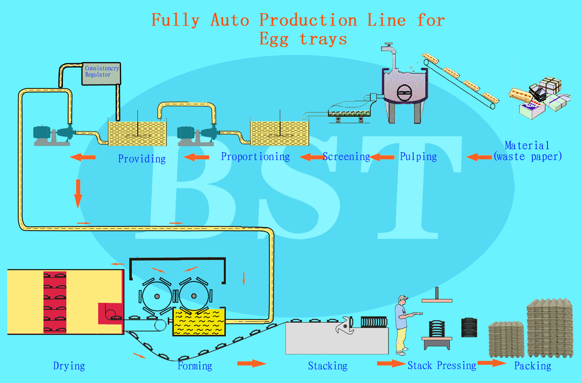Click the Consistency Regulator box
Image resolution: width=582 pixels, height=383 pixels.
click(x=101, y=74)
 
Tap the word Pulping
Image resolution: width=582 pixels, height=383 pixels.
click(x=418, y=157)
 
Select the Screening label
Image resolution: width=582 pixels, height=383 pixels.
click(x=346, y=157)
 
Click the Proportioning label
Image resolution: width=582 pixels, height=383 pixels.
click(x=255, y=157)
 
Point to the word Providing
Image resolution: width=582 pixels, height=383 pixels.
click(x=142, y=159)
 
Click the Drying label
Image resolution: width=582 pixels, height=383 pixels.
click(x=69, y=366)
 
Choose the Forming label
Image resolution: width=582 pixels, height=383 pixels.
click(x=195, y=366)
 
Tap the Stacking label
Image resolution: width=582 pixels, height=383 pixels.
click(x=327, y=366)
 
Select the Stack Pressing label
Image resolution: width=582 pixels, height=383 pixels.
click(x=442, y=366)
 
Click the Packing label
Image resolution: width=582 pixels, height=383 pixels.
click(x=533, y=366)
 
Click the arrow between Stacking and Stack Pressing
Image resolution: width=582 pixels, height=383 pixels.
click(x=391, y=363)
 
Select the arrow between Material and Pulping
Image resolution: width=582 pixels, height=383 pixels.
click(x=479, y=157)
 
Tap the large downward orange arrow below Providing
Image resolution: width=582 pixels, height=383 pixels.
click(x=78, y=194)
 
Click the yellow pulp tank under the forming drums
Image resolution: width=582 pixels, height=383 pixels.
click(x=199, y=322)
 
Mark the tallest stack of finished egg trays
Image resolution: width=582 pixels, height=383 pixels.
click(x=550, y=328)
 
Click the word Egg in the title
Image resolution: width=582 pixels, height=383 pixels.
click(x=274, y=40)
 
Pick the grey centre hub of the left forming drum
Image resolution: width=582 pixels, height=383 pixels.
click(x=157, y=296)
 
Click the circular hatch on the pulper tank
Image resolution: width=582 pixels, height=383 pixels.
click(x=404, y=92)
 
